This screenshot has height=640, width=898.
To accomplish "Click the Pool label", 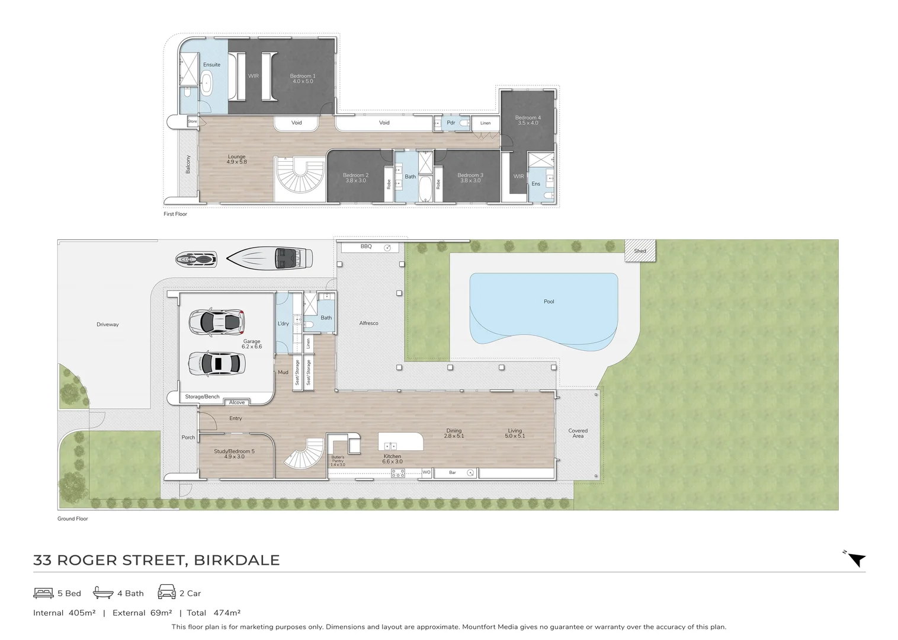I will (549, 302).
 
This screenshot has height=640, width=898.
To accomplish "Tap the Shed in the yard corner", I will (640, 251).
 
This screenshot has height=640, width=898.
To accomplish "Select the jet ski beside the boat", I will (196, 259).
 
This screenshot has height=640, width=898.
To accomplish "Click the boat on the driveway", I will (270, 258).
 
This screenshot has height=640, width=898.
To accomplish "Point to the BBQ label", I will (366, 247).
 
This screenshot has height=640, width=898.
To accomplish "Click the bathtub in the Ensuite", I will (207, 84).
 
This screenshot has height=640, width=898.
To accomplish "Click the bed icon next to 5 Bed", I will (44, 593).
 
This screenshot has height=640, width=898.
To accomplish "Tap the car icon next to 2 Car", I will (166, 592).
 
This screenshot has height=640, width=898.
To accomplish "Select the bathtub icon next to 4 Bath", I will (103, 593).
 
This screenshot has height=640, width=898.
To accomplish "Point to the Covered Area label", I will (578, 433).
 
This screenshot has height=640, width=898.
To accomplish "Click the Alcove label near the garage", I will (237, 402).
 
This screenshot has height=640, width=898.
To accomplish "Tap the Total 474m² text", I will (213, 613).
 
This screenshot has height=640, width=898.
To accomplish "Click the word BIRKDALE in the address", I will (237, 560).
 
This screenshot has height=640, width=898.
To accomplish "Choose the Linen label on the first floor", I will (485, 123).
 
